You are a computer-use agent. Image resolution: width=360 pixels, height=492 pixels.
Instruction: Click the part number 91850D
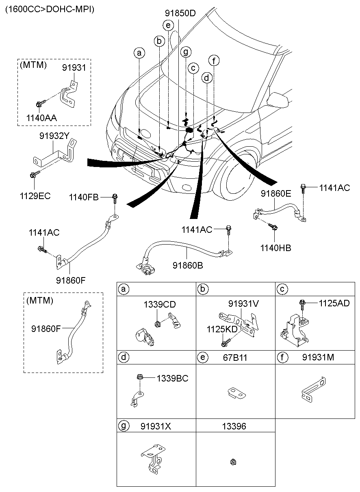[180, 13]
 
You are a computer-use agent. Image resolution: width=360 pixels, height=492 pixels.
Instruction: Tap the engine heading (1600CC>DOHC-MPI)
[50, 9]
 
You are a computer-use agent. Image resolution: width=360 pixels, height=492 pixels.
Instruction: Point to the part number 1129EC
[35, 196]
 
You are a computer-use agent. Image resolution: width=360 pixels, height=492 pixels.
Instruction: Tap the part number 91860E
[276, 194]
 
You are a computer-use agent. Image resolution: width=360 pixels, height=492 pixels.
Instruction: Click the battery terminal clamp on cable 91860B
[145, 269]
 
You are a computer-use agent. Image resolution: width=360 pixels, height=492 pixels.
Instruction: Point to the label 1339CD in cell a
[159, 305]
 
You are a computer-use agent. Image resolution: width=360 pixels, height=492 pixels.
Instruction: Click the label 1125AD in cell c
[334, 303]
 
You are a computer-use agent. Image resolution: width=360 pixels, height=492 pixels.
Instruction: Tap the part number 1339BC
[173, 378]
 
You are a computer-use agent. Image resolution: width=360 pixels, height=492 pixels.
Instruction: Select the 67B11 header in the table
[235, 358]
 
